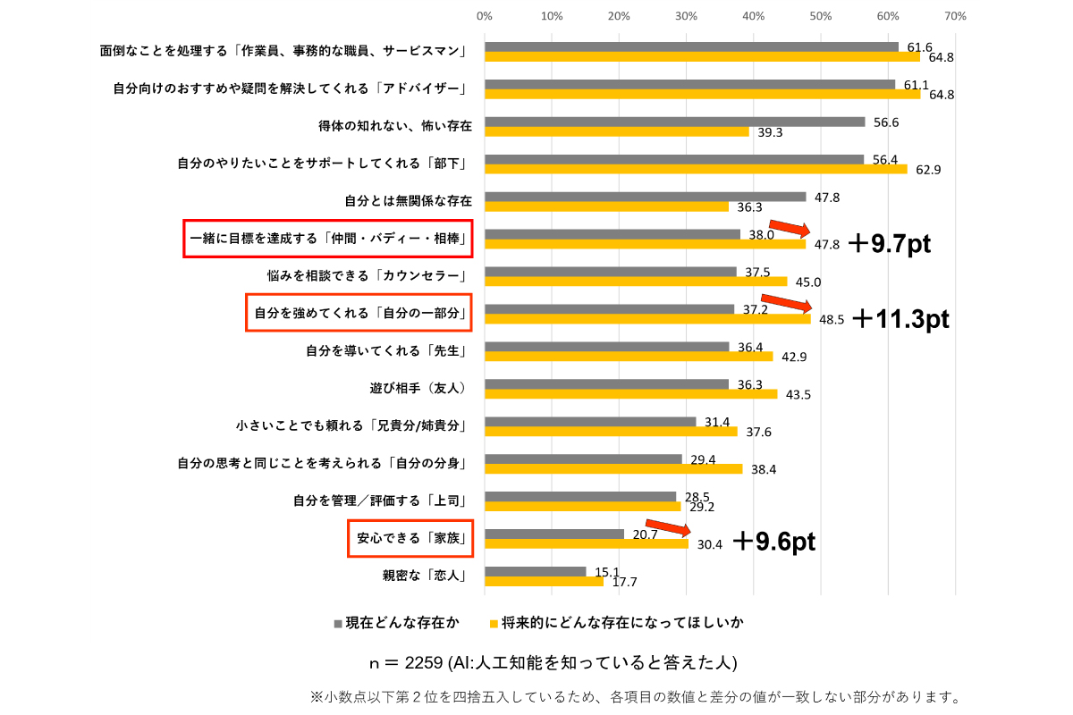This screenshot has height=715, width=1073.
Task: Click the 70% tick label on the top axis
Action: coord(955,16)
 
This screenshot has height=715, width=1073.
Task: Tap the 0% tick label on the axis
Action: coord(485,16)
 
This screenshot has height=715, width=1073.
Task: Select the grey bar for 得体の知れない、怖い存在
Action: coord(674,122)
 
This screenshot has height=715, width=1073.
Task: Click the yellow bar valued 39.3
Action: coord(616,131)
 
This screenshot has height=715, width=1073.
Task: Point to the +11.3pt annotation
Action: coord(900,320)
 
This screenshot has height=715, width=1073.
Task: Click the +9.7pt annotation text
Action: coord(889,244)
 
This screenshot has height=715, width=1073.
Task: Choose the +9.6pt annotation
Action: coord(773,542)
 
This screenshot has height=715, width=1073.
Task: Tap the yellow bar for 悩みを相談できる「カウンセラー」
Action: coord(636,282)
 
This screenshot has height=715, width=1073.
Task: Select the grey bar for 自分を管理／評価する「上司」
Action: coord(580,496)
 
